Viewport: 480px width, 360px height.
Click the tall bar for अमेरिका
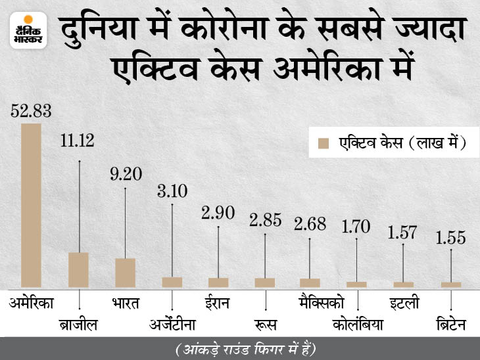click(x=31, y=206)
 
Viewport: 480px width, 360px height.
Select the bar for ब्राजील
click(x=78, y=270)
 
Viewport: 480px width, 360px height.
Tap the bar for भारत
click(x=125, y=273)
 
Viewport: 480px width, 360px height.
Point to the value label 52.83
click(x=31, y=110)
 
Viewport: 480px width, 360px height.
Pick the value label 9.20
click(x=125, y=175)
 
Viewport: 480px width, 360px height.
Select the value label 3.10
click(x=172, y=191)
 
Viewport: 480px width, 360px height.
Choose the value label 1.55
click(x=450, y=237)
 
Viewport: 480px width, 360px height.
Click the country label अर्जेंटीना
click(x=172, y=325)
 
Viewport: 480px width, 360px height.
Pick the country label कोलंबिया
click(x=358, y=325)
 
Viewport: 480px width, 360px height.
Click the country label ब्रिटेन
click(x=452, y=325)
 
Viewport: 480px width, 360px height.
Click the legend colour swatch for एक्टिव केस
click(x=323, y=143)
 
